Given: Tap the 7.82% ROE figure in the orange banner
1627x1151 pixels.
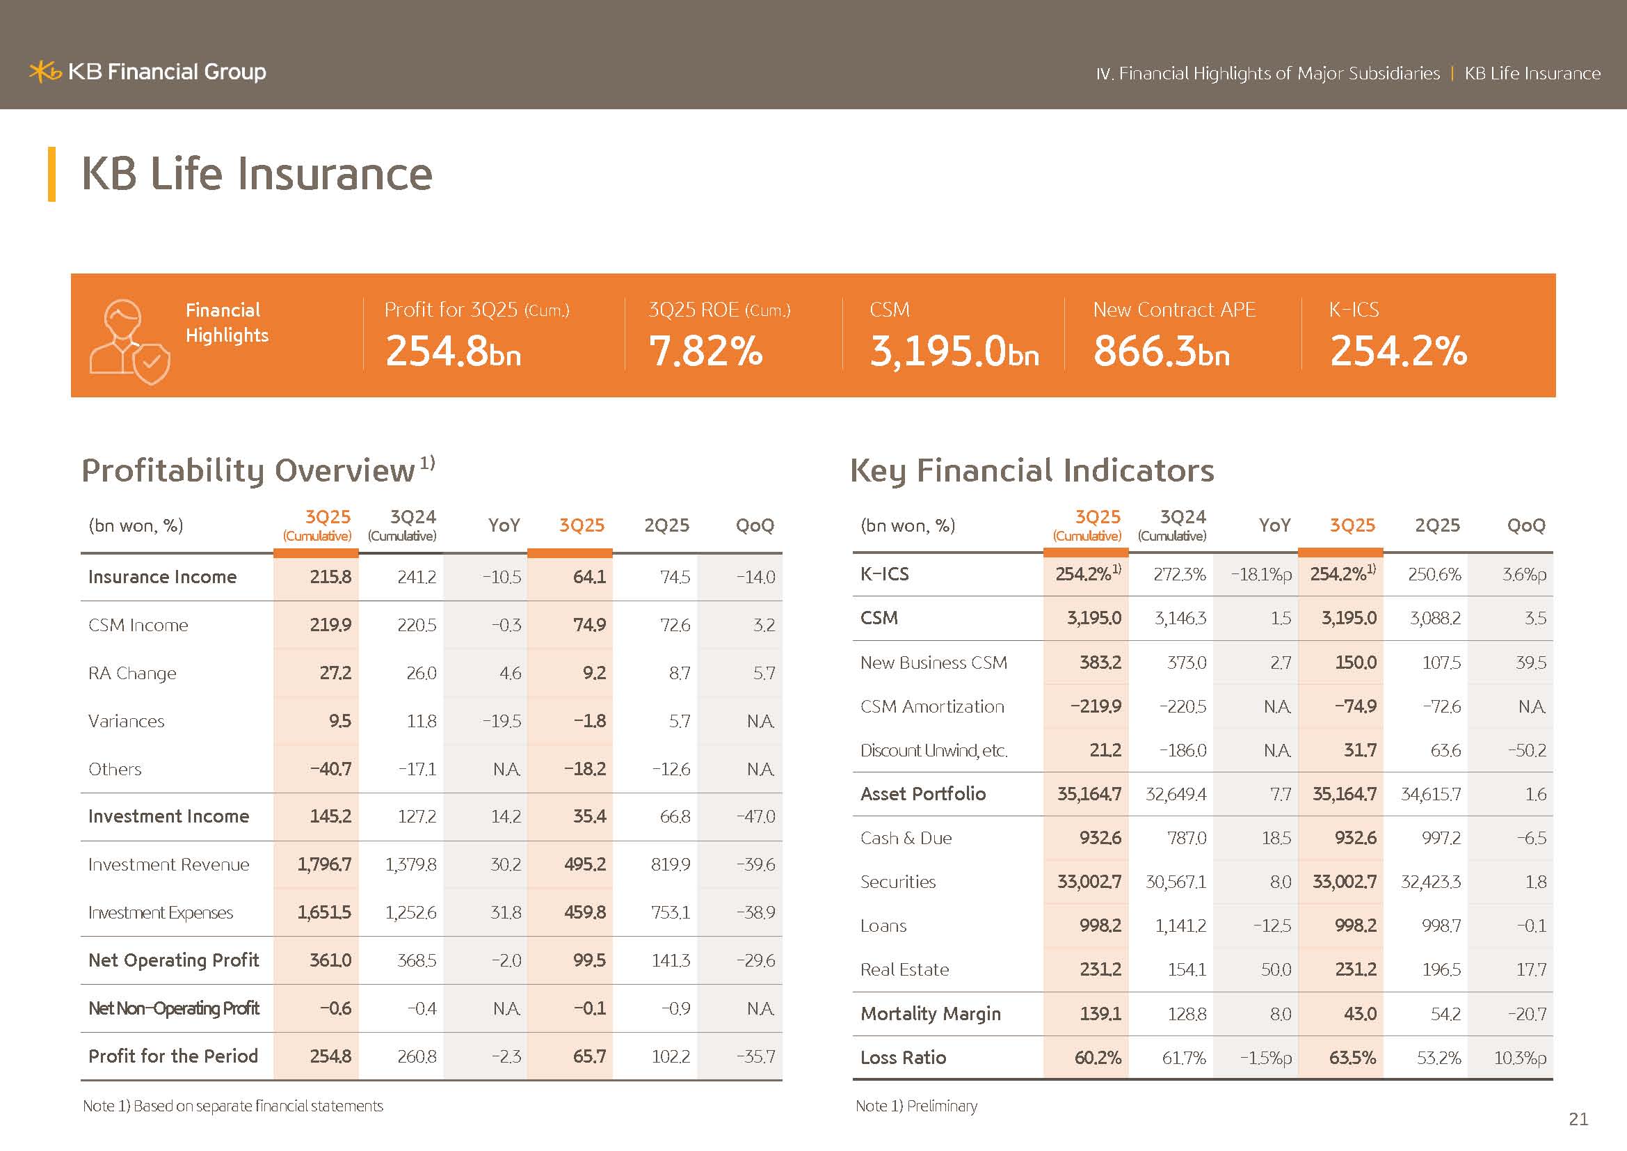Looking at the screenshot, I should (706, 351).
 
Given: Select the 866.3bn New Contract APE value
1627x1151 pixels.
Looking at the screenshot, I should (1161, 351).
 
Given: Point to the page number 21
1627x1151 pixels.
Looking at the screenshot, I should (1578, 1118).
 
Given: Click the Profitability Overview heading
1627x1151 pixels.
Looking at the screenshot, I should (248, 470).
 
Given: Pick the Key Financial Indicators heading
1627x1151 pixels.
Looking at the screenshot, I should (1032, 470).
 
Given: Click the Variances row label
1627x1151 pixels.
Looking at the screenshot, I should (126, 721).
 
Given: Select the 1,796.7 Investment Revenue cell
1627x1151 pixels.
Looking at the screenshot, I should (324, 864).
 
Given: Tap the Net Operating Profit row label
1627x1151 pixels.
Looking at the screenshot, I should (174, 960).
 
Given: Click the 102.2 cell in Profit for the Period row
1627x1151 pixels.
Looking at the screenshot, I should (671, 1056).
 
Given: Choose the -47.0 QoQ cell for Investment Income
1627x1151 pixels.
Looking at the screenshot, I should (755, 816).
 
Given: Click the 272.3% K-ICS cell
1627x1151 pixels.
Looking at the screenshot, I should (1179, 574).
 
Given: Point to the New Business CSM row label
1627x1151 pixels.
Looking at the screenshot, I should (933, 662).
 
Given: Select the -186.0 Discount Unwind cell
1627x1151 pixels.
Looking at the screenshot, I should (1182, 750).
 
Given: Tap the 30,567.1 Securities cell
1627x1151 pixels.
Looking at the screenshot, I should (1176, 882).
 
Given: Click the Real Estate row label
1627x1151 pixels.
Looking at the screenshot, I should (904, 969).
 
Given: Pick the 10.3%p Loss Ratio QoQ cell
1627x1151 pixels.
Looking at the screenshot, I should (1520, 1058).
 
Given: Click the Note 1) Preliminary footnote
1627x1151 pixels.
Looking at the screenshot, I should (916, 1106).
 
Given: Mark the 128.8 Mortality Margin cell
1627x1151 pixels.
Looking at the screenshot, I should (1186, 1013).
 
